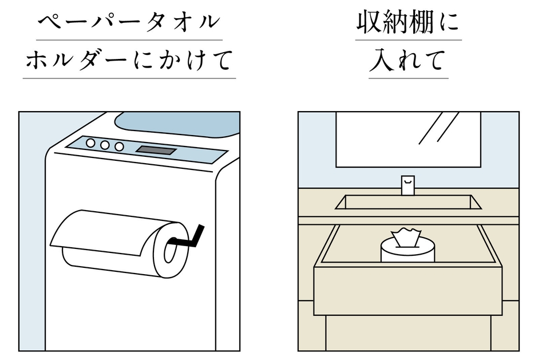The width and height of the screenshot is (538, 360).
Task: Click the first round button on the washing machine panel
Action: point(90,143)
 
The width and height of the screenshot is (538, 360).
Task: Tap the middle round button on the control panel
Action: point(105,145)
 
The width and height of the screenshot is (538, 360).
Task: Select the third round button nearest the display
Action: point(119,147)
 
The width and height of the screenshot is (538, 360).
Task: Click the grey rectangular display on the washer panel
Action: point(156,151)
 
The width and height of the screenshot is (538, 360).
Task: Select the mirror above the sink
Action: point(408,139)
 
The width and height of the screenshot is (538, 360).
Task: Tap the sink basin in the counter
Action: point(408,202)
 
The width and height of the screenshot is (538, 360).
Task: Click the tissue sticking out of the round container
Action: point(407,237)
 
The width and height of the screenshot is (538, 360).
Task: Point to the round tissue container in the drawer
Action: point(407,252)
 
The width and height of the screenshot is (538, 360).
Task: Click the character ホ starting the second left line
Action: point(38,60)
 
